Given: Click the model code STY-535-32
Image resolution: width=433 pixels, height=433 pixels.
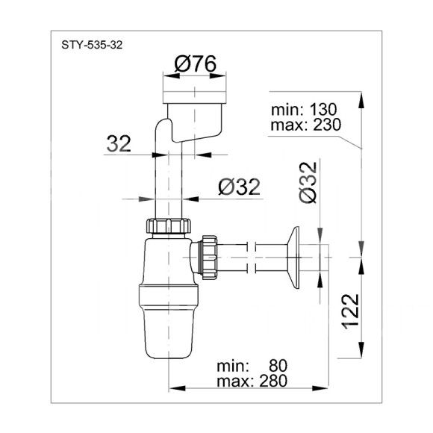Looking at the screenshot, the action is coord(92,45).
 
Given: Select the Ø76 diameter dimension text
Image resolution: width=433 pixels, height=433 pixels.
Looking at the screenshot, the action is coord(196,64).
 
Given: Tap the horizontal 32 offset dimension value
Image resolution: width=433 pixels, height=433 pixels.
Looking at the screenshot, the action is coord(119,143).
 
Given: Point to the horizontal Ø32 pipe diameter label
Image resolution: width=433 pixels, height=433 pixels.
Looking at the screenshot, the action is coord(239,187).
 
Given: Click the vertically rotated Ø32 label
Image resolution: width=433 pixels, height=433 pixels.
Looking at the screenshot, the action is coord(308,183).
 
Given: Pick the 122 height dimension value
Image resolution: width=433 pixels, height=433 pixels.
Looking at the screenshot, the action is coord(351,311).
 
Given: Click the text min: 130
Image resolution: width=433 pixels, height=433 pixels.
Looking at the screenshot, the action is coord(304,109).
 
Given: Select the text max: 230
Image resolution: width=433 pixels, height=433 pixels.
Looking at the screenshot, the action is coord(306,125).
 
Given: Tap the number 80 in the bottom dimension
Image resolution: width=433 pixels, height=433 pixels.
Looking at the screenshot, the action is coord(278,366).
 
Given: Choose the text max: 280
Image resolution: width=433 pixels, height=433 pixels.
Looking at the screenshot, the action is coord(252,381).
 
